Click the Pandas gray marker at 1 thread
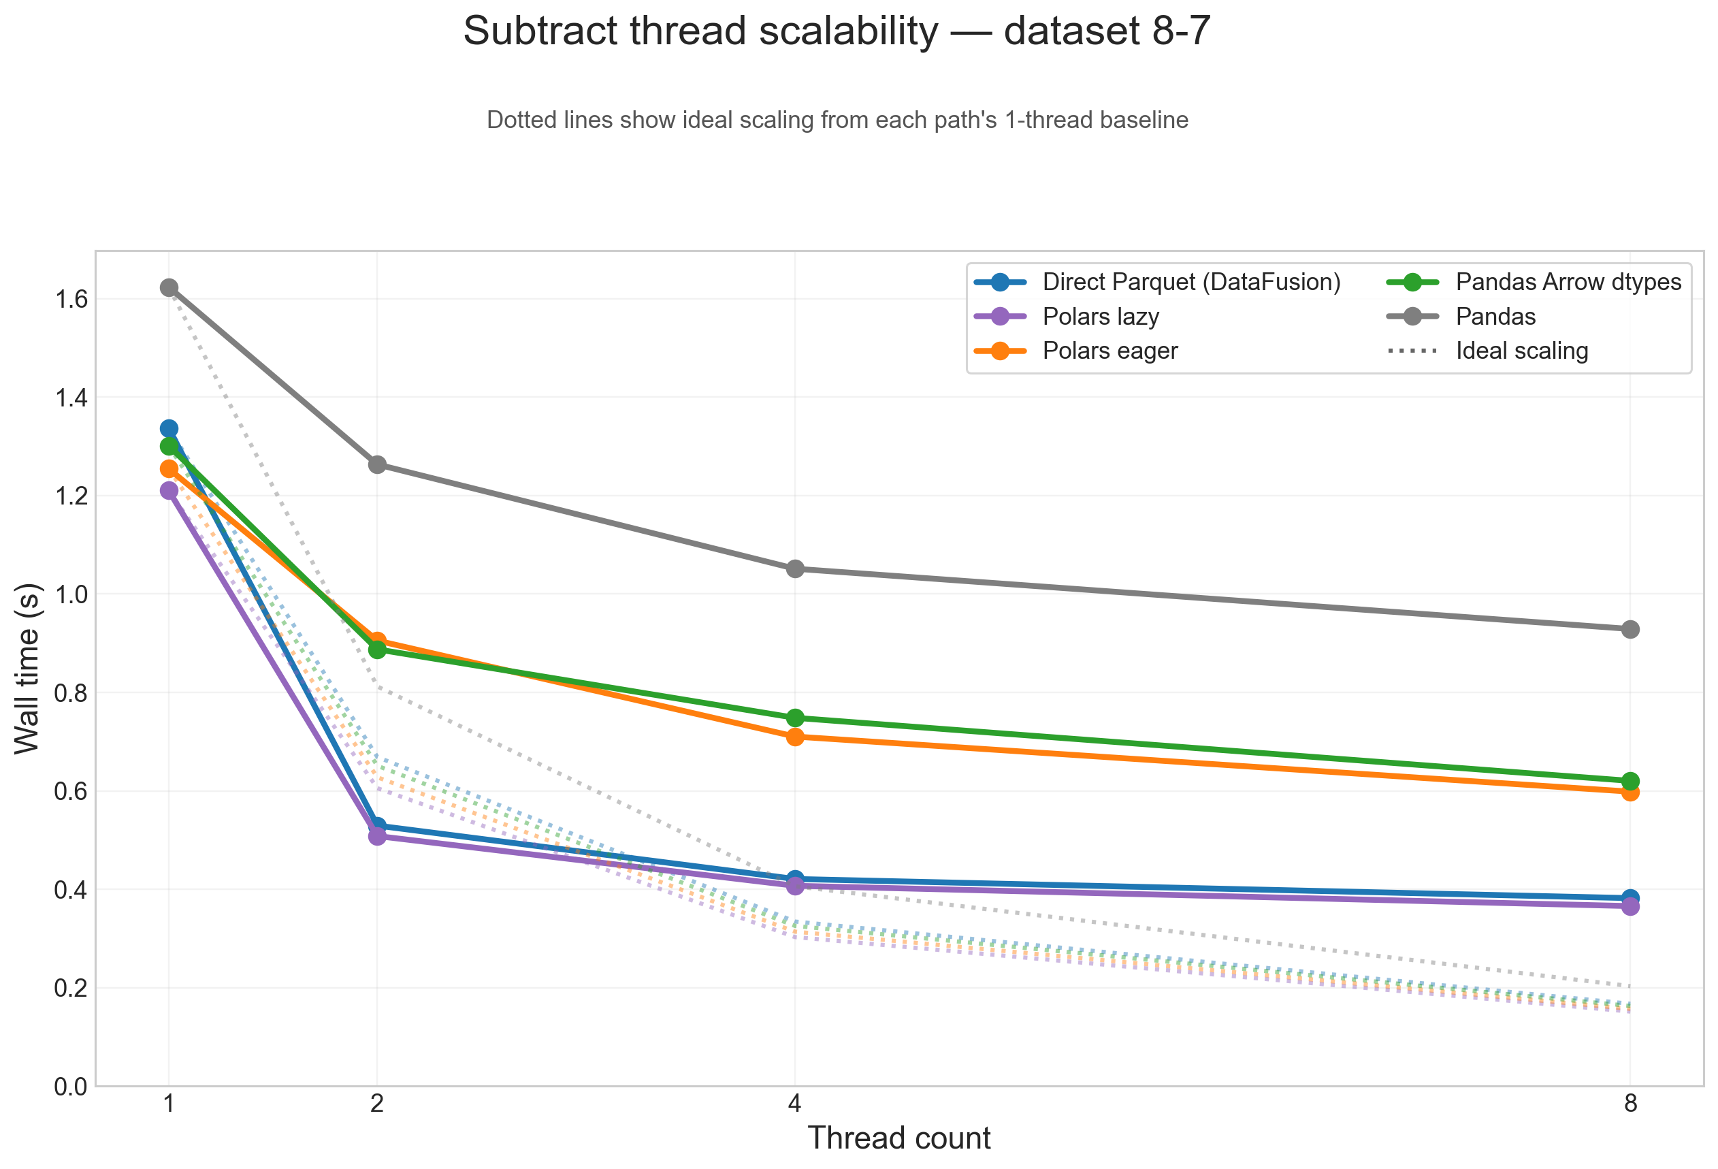pyautogui.click(x=169, y=287)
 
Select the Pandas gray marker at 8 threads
pyautogui.click(x=1630, y=629)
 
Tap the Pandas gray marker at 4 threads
pyautogui.click(x=795, y=569)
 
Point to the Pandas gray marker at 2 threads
pyautogui.click(x=377, y=464)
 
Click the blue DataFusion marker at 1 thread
pyautogui.click(x=169, y=428)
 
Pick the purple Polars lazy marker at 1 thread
pyautogui.click(x=169, y=490)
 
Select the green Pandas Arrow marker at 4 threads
pyautogui.click(x=795, y=718)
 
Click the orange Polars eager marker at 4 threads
pyautogui.click(x=795, y=737)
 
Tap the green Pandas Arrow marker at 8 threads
pyautogui.click(x=1630, y=782)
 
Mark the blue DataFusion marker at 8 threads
pyautogui.click(x=1630, y=899)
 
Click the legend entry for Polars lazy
pyautogui.click(x=1100, y=317)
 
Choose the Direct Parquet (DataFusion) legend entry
pyautogui.click(x=1191, y=282)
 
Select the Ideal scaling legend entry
pyautogui.click(x=1521, y=351)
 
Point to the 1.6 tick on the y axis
pyautogui.click(x=71, y=300)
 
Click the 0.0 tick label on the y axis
pyautogui.click(x=71, y=1087)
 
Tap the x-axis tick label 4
pyautogui.click(x=795, y=1104)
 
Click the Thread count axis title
pyautogui.click(x=899, y=1138)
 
